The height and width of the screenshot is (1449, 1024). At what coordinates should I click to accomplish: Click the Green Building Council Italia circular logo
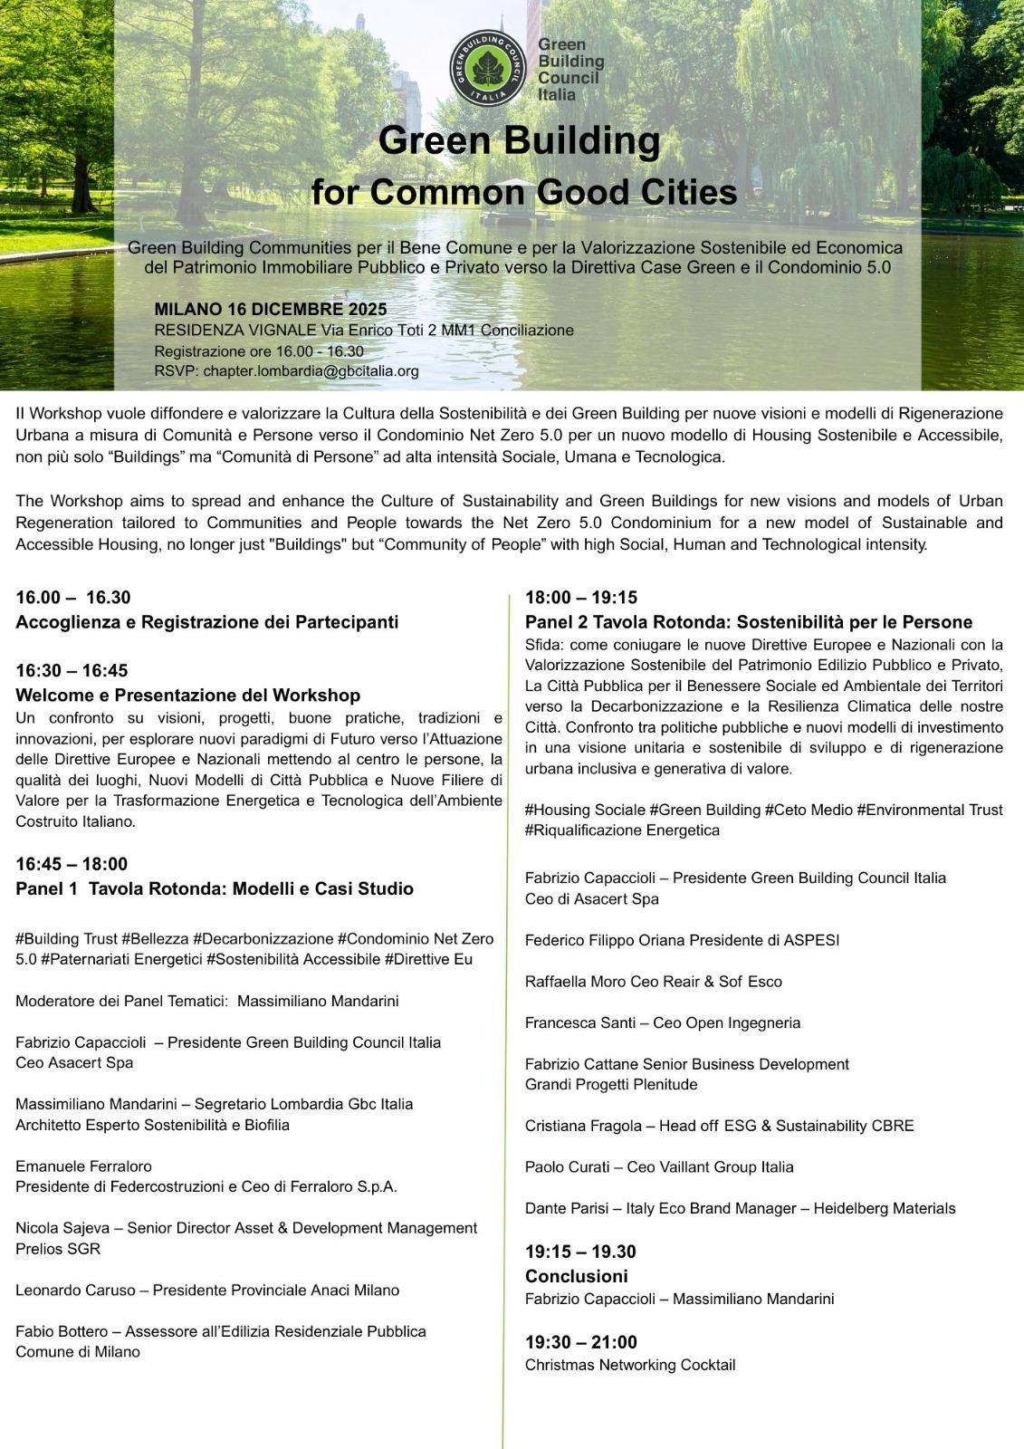pos(488,69)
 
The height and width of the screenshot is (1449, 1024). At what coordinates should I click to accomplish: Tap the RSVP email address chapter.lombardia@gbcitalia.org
pos(311,371)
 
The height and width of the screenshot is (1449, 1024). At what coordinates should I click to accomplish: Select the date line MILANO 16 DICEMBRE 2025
pos(271,309)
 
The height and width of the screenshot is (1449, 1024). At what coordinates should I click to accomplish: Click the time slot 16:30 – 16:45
pos(72,671)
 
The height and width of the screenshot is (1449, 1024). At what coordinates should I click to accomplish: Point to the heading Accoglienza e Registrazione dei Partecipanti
pos(206,622)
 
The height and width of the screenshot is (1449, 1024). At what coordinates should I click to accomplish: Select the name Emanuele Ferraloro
pos(83,1166)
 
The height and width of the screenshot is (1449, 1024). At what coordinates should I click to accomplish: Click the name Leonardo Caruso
pos(74,1290)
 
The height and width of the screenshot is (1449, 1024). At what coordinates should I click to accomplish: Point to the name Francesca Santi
pos(572,1022)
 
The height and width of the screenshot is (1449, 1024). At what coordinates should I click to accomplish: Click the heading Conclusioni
pos(576,1276)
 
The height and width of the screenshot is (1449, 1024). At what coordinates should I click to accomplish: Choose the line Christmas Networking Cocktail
pos(630,1365)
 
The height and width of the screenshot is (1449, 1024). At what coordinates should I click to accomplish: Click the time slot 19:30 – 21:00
pos(580,1342)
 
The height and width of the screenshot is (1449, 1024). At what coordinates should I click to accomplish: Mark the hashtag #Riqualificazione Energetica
pos(622,830)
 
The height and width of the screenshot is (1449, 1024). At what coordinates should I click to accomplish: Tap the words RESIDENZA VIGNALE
pos(235,331)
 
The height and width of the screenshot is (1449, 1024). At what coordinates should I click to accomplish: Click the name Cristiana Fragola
pos(579,1126)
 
